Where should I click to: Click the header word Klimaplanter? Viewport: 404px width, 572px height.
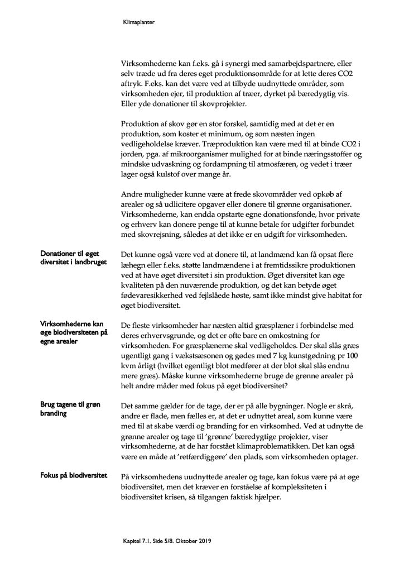click(138, 23)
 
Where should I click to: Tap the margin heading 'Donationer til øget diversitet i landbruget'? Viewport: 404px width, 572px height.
click(73, 258)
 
